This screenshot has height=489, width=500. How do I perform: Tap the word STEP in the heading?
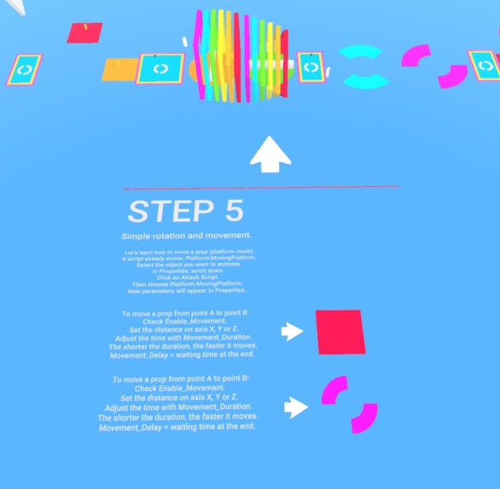(167, 212)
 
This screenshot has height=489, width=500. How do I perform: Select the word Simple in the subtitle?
(137, 236)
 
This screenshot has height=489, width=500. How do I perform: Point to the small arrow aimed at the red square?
(293, 332)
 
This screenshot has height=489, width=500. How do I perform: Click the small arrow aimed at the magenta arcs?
(295, 407)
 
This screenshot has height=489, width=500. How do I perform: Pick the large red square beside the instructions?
(340, 331)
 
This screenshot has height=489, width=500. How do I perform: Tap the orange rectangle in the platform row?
(119, 70)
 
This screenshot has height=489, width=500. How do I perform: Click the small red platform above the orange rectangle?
(84, 33)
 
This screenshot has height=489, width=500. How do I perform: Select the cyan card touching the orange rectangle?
(160, 68)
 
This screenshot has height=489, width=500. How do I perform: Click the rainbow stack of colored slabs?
(239, 55)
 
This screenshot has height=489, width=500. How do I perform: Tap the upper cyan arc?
(362, 52)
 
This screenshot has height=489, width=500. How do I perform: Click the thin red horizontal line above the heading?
(260, 188)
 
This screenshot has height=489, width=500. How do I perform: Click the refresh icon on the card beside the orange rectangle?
(160, 68)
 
